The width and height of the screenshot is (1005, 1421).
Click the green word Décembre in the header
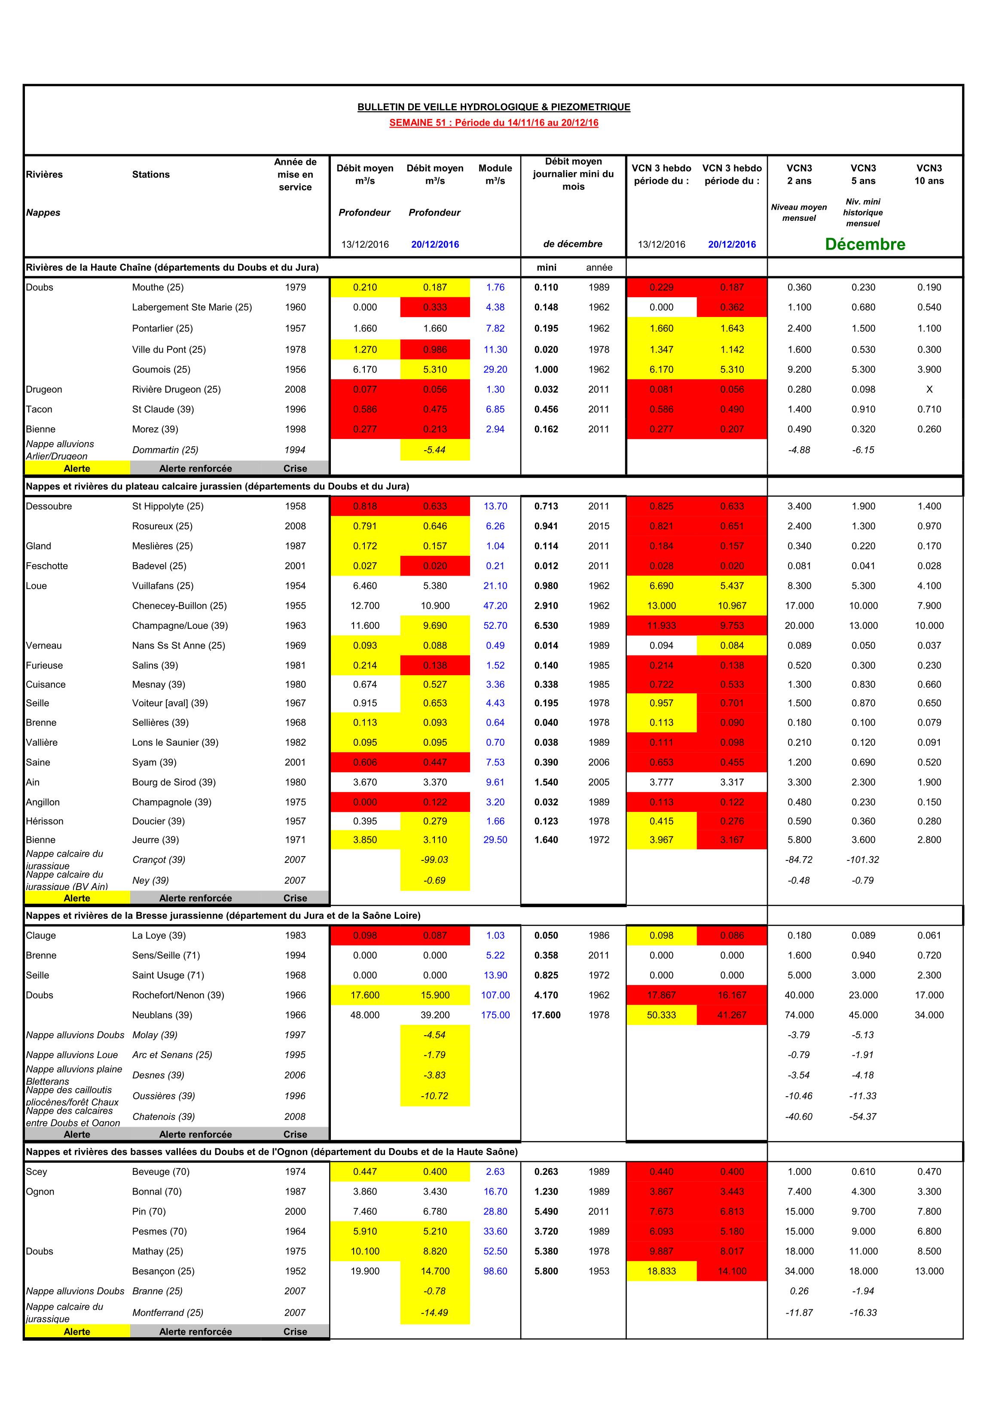pos(864,244)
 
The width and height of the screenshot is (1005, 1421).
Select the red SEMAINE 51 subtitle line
pos(494,122)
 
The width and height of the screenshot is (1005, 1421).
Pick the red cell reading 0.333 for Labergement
pos(435,307)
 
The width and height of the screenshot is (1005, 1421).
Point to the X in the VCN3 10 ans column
pos(929,389)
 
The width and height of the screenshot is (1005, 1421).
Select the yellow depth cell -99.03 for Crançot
pos(435,860)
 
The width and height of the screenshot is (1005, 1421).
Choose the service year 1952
pos(295,1271)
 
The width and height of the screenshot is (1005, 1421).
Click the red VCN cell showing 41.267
pos(731,1015)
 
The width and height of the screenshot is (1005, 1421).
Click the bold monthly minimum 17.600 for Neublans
pos(546,1015)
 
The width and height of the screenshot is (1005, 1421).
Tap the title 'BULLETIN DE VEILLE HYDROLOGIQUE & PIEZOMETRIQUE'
pos(494,107)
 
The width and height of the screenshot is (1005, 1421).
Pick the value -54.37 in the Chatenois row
pos(863,1116)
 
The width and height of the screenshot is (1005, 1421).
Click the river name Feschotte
pos(47,566)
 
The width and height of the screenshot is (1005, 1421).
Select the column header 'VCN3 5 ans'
pos(863,174)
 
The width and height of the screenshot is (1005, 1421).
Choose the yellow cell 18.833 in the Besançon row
pos(661,1271)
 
